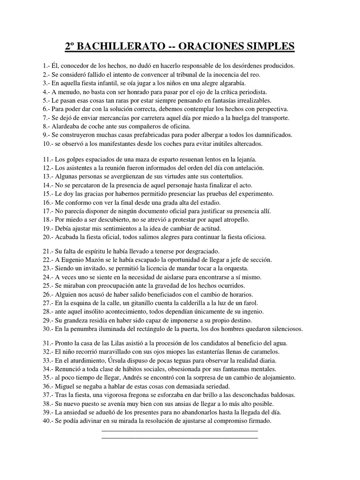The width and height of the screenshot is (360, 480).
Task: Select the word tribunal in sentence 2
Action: point(212,75)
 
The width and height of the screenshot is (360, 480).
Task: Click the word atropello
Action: point(232,219)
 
